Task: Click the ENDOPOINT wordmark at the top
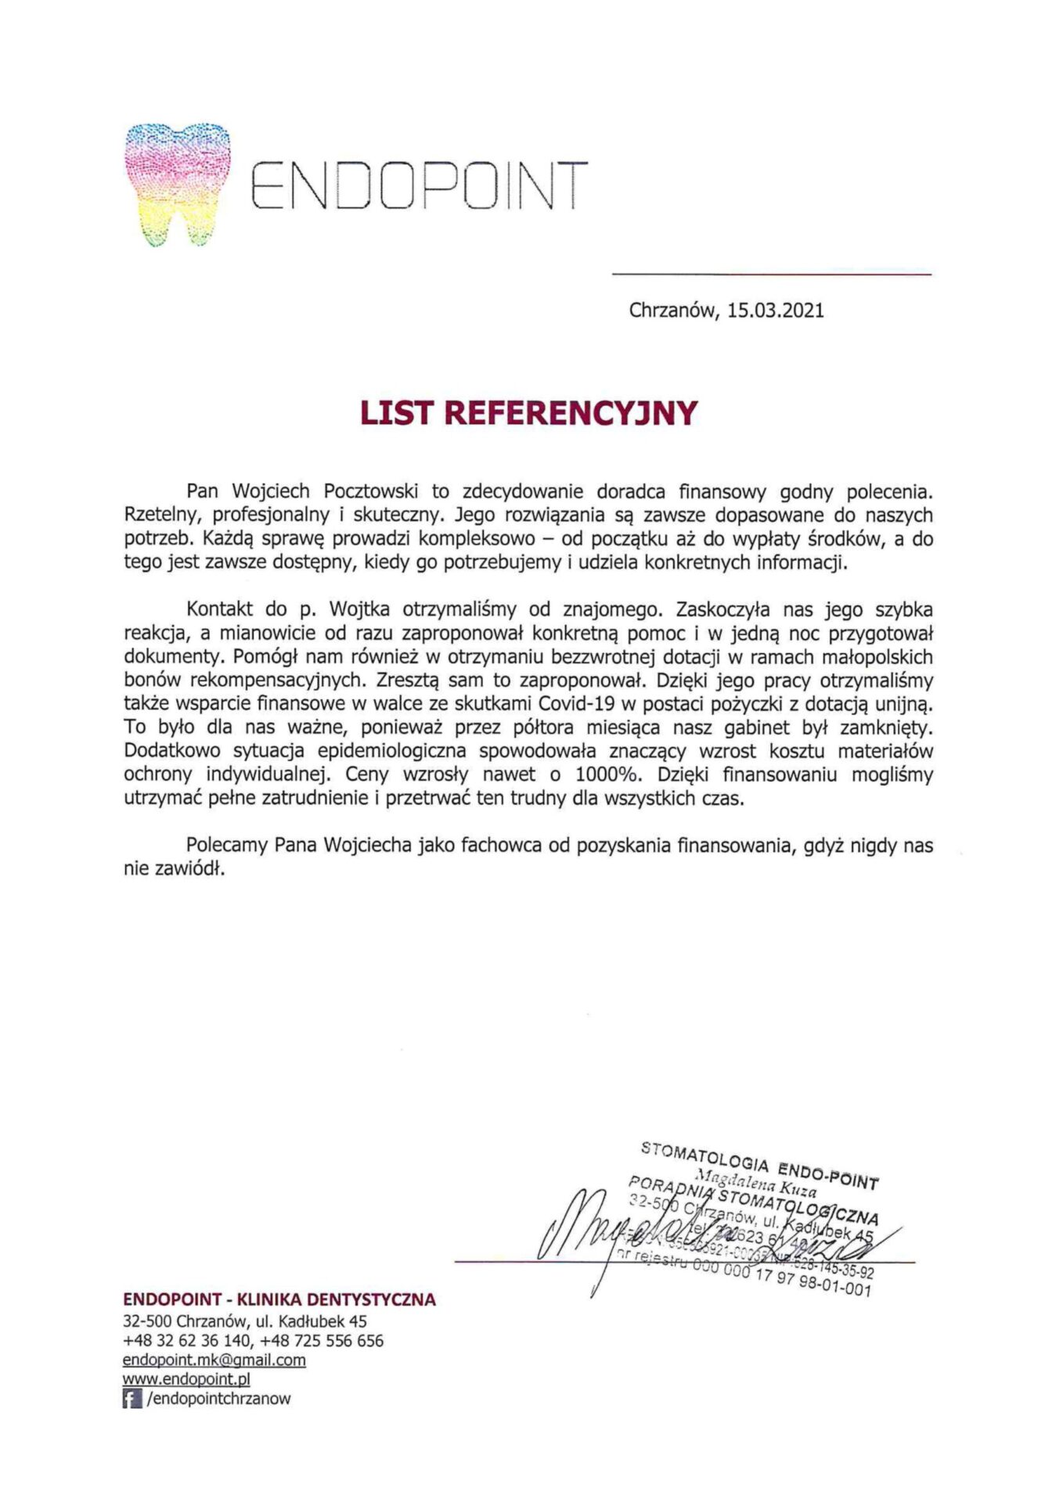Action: (x=418, y=186)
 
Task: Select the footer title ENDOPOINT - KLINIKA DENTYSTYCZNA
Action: (x=279, y=1300)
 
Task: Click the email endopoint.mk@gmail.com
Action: (x=214, y=1360)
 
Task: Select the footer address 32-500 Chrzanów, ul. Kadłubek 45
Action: (x=245, y=1321)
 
